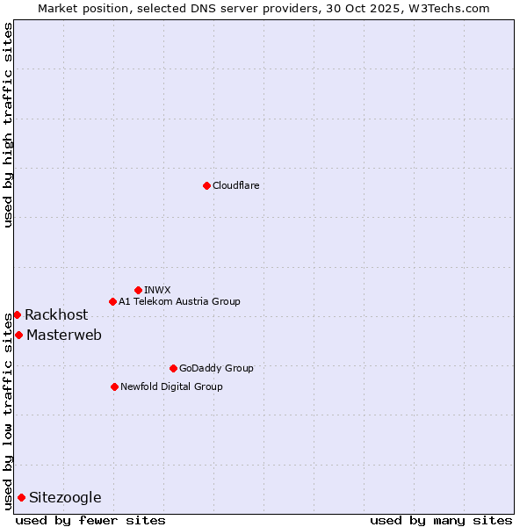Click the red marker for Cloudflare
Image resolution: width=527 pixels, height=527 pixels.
point(206,185)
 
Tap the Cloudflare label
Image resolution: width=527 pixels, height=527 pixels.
point(235,185)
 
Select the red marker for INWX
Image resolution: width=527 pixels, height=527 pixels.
point(138,290)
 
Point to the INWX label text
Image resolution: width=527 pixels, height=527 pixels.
point(157,290)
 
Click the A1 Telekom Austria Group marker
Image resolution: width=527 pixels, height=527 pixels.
point(112,301)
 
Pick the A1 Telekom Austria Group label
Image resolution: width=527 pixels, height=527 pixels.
point(179,301)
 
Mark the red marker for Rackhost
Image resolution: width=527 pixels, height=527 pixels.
point(17,314)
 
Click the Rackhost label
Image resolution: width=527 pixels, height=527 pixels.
point(56,314)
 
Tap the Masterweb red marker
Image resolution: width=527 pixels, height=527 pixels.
point(18,335)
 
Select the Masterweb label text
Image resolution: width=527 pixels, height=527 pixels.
point(64,335)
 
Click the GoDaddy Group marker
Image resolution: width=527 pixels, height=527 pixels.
point(173,368)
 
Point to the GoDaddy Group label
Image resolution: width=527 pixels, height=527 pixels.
point(216,368)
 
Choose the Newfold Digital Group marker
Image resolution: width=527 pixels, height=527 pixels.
point(114,386)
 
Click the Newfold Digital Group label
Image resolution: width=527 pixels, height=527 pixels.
point(171,386)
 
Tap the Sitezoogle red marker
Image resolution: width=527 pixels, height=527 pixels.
point(21,497)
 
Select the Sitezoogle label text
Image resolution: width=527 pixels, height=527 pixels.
point(65,497)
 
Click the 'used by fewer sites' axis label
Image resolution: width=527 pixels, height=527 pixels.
point(90,520)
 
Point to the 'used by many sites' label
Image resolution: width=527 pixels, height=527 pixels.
point(441,520)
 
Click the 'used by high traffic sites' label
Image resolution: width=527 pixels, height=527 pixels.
point(8,125)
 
